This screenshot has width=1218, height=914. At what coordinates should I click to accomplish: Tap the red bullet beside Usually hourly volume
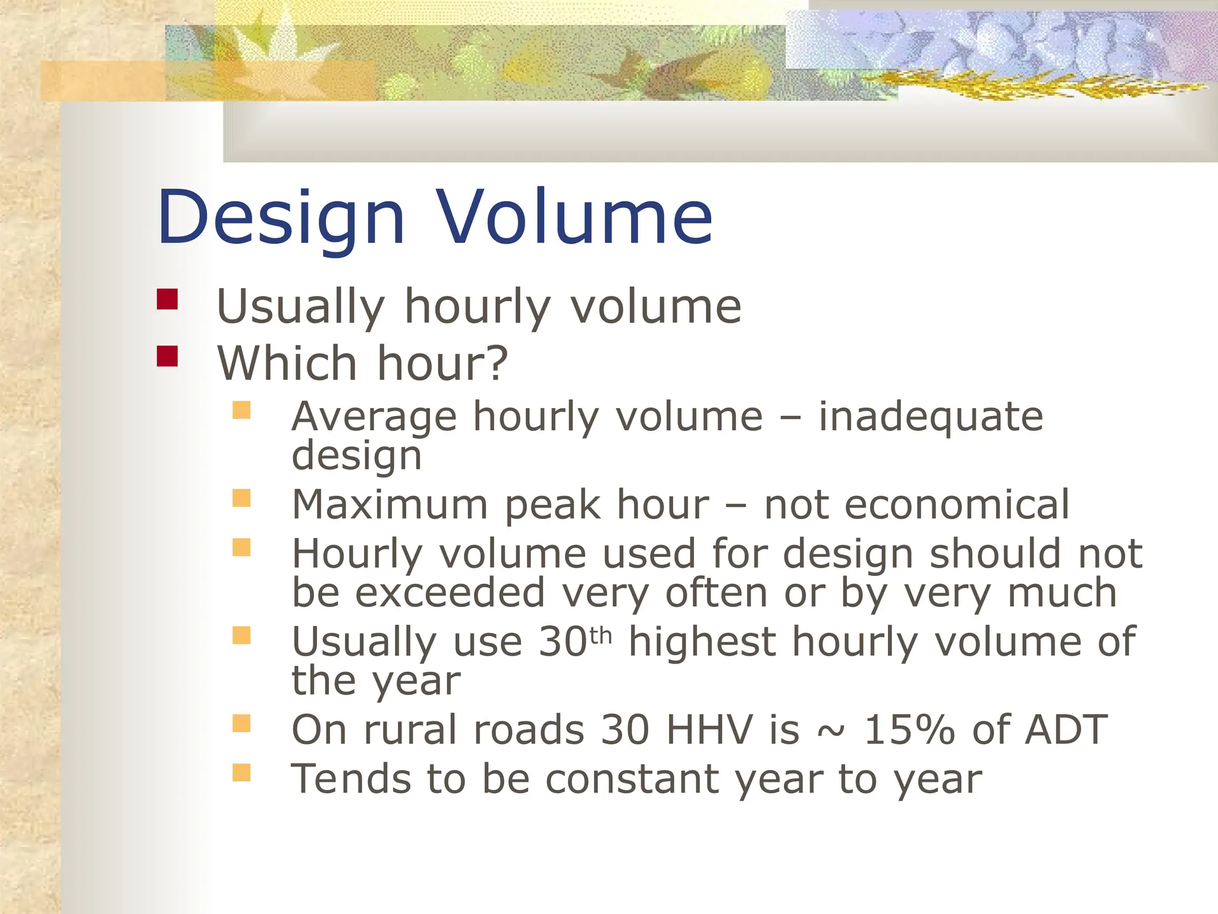coord(167,299)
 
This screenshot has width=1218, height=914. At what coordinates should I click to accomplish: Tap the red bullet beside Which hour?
coord(167,356)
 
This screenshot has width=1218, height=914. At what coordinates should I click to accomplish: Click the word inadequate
coord(931,417)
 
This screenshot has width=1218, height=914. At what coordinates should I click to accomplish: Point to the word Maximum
coord(390,505)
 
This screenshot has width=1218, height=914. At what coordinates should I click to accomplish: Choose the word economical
coord(958,505)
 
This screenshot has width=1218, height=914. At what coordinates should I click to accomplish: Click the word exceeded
coord(450,593)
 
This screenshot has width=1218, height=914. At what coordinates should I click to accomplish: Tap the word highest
coord(702,642)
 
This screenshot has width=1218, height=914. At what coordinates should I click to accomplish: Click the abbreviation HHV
coord(709,730)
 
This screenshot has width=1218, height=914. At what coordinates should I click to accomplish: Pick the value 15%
coord(908,730)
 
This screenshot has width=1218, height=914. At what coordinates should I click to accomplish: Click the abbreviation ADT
coord(1066,730)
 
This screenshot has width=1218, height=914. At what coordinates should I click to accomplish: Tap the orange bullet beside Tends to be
coord(241,772)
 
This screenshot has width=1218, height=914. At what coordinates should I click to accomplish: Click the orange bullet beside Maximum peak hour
coord(241,498)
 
